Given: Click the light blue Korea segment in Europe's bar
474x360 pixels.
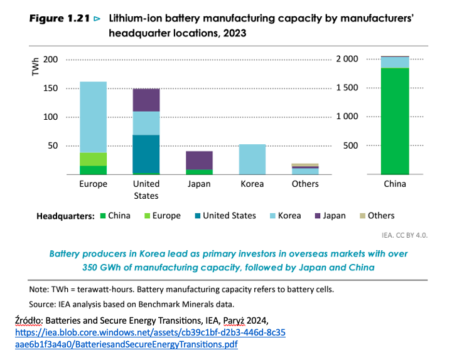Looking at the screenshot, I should coord(93,117).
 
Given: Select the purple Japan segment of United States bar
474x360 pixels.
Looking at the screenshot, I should coord(146,100).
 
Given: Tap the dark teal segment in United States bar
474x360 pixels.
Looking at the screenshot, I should coord(146,153).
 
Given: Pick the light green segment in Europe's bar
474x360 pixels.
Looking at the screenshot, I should coord(93,159).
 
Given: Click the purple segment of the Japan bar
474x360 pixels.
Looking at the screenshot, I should coord(199,160).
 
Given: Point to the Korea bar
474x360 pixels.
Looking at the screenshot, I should coord(252,159).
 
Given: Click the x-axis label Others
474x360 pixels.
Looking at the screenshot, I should coord(305,184).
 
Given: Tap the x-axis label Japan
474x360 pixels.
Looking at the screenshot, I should coord(199,184).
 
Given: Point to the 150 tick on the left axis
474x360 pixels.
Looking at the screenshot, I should coord(51,88).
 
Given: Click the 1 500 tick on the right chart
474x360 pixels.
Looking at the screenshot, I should coord(347,88).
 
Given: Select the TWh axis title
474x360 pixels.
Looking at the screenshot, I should coord(35,68).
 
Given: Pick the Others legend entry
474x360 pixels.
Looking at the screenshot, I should coord(376,216).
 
